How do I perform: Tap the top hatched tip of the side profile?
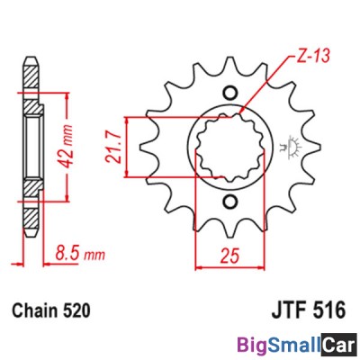tap(31, 71)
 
